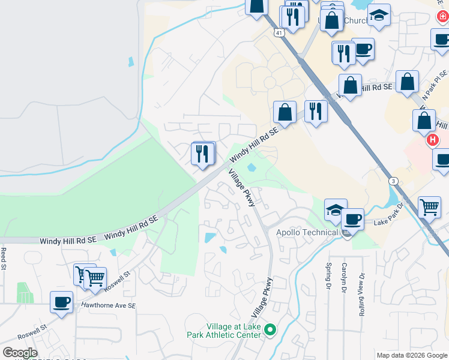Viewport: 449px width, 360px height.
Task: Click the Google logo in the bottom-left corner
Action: pyautogui.click(x=20, y=353)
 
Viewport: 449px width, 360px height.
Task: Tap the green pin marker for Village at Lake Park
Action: pyautogui.click(x=270, y=329)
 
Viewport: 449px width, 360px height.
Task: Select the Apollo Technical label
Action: pyautogui.click(x=306, y=232)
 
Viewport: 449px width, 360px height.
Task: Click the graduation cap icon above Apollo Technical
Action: pyautogui.click(x=336, y=209)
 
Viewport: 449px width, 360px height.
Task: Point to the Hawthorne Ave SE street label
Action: pyautogui.click(x=109, y=305)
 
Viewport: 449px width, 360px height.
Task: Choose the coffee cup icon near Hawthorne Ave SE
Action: pyautogui.click(x=61, y=301)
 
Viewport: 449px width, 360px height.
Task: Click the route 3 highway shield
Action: pyautogui.click(x=393, y=181)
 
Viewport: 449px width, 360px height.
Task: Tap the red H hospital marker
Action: pyautogui.click(x=432, y=140)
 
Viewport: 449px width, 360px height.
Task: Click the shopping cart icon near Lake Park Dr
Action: pyautogui.click(x=430, y=207)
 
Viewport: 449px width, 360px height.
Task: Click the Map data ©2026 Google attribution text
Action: pyautogui.click(x=412, y=355)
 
